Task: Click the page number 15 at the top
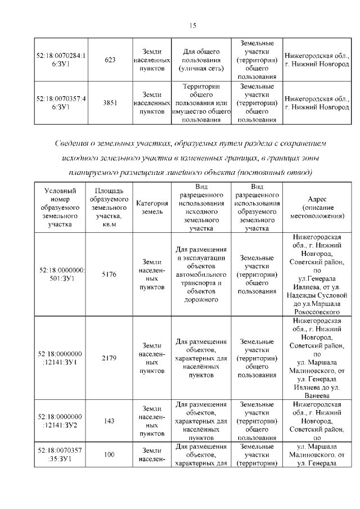pos(191,25)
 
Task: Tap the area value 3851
pos(110,103)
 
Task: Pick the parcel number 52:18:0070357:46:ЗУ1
pos(60,103)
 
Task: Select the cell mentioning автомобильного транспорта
pos(201,274)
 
